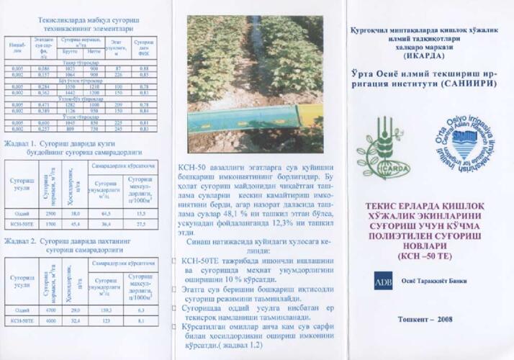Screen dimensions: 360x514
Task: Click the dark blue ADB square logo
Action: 382,281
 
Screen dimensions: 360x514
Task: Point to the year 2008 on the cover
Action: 440,318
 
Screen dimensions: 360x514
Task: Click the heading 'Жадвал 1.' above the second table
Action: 22,144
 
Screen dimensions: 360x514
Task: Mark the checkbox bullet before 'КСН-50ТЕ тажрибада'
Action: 175,261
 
